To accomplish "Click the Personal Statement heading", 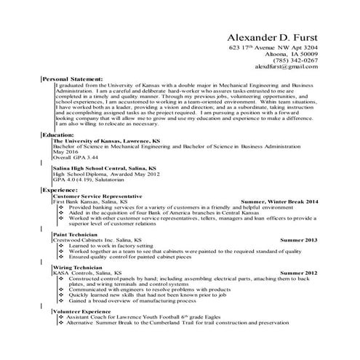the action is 72,78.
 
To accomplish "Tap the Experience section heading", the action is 60,190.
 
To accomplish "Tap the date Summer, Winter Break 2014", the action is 279,201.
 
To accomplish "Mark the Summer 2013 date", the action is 298,239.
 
